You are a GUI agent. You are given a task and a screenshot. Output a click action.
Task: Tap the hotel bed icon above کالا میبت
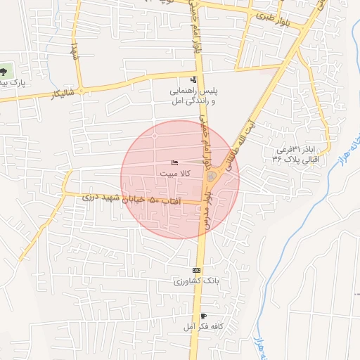(x=174, y=162)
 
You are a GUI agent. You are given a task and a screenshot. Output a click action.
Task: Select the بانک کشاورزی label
(x=198, y=281)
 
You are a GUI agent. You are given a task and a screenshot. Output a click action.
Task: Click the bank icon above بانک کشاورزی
(x=197, y=271)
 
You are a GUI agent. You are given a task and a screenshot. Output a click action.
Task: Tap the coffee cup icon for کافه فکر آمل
(x=203, y=316)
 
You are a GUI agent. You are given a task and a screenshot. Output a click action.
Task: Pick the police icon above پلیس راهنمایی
(x=194, y=79)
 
